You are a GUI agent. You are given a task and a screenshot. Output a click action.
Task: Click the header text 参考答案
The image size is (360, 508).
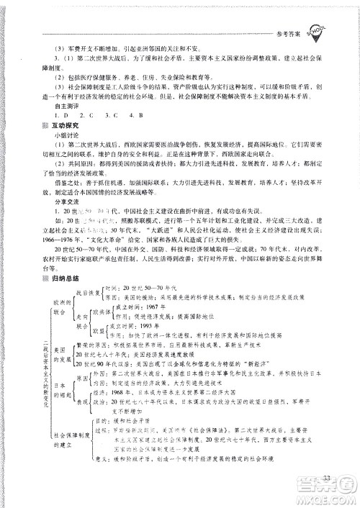click(x=306, y=24)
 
